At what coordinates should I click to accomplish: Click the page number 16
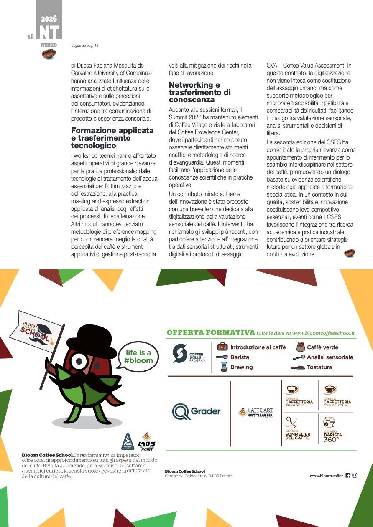pyautogui.click(x=31, y=37)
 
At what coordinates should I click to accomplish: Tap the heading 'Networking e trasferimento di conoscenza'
pyautogui.click(x=200, y=92)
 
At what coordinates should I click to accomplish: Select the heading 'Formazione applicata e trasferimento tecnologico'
pyautogui.click(x=112, y=138)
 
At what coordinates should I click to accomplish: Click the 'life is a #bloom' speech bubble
pyautogui.click(x=138, y=357)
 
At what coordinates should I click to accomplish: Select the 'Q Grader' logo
pyautogui.click(x=197, y=411)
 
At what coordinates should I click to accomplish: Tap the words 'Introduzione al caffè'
pyautogui.click(x=258, y=347)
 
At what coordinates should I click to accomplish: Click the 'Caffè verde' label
pyautogui.click(x=322, y=347)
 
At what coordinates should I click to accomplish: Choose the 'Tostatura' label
pyautogui.click(x=319, y=367)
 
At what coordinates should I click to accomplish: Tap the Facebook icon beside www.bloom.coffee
pyautogui.click(x=348, y=475)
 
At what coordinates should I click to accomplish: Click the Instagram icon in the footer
pyautogui.click(x=355, y=475)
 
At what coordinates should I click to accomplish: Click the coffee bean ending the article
pyautogui.click(x=350, y=253)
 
